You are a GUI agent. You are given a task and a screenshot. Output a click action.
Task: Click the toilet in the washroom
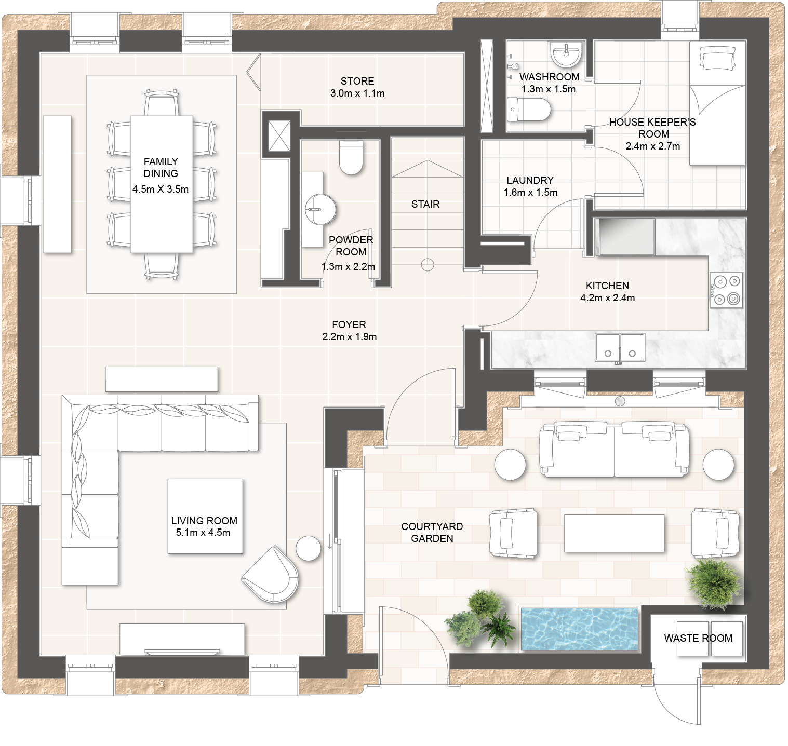point(528,110)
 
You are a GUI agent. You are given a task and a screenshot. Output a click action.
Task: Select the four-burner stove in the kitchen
point(726,290)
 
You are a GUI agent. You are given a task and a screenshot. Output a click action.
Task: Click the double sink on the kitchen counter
point(620,348)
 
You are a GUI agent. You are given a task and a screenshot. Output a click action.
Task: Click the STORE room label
point(357,82)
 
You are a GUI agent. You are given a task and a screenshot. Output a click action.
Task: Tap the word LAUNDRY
point(530,180)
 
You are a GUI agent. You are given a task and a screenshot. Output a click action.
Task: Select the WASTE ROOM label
point(698,638)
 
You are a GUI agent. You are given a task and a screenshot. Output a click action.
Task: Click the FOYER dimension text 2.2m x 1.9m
point(349,337)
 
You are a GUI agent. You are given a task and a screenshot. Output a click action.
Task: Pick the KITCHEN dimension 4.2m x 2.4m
point(607,298)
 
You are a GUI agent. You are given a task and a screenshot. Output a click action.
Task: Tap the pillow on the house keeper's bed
point(718,58)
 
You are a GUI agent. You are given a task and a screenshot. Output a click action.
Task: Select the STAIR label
point(425,205)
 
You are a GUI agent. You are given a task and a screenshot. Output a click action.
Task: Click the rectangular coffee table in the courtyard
point(614,533)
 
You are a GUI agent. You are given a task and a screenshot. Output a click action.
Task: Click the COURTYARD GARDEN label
point(432,533)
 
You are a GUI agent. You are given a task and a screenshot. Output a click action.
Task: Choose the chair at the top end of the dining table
point(162,103)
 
